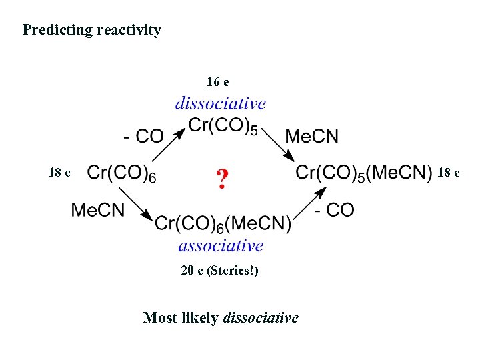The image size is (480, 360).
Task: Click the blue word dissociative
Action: coord(220,103)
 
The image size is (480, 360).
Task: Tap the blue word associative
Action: coord(221,246)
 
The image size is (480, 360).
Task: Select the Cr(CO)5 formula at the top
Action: coord(223,125)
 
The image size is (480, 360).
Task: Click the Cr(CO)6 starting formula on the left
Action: coord(122,174)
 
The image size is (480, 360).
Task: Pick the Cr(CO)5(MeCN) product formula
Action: coord(364,173)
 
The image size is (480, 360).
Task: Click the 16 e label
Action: coord(218,82)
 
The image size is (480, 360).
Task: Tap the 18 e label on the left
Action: coord(59,173)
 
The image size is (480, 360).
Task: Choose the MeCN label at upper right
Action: coord(312,137)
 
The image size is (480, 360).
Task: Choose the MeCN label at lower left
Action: coord(98,210)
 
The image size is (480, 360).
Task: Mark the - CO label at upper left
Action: coord(143,137)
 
